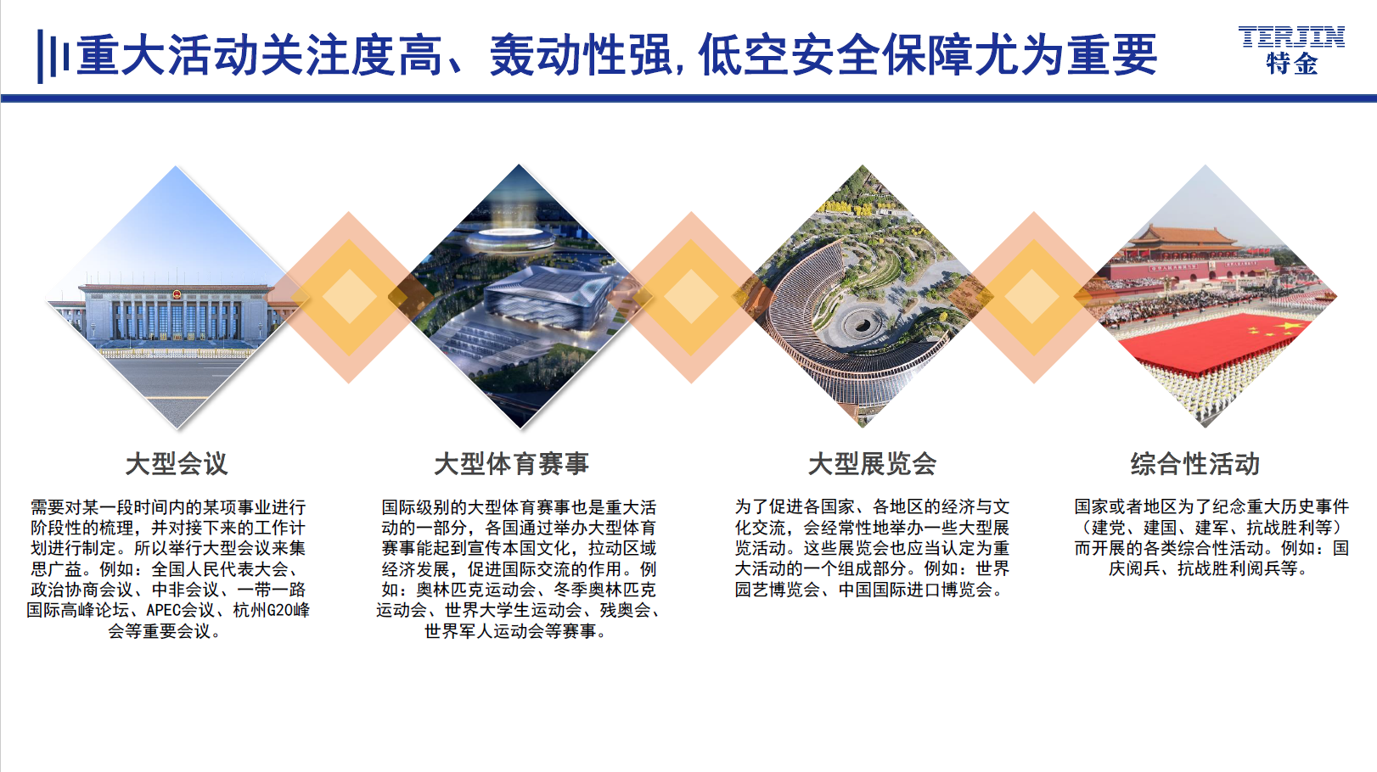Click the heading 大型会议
177,464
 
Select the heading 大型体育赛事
511,464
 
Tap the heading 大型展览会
872,464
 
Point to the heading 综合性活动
1195,464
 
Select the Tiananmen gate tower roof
1183,237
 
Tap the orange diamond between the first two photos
349,297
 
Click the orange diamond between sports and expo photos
691,297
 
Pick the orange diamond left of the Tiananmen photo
1033,297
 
